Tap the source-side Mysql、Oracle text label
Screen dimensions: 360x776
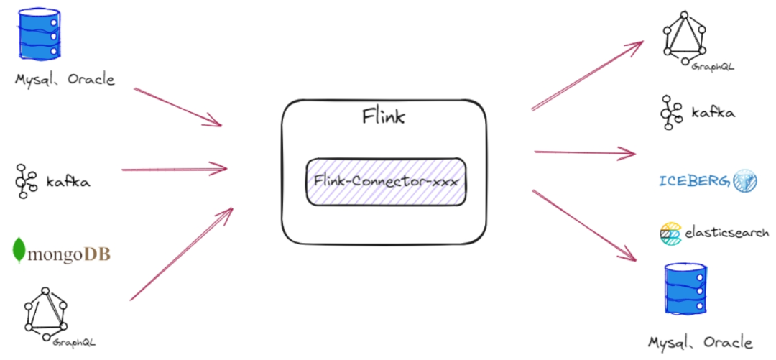(65, 80)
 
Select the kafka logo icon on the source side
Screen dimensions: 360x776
(25, 181)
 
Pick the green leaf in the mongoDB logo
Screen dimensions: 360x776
(19, 249)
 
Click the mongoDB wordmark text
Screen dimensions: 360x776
(68, 254)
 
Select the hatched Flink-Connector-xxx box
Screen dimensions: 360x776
(387, 181)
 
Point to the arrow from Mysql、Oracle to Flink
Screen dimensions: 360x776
(178, 107)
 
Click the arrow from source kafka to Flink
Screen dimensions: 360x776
(175, 170)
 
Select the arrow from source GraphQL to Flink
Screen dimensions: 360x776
(182, 254)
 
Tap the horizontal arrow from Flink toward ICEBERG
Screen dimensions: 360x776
(586, 152)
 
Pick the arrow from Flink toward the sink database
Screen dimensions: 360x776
(585, 225)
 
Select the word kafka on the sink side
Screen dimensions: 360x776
(713, 113)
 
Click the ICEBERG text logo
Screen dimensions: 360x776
(694, 180)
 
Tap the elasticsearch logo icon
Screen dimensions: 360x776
(670, 233)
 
